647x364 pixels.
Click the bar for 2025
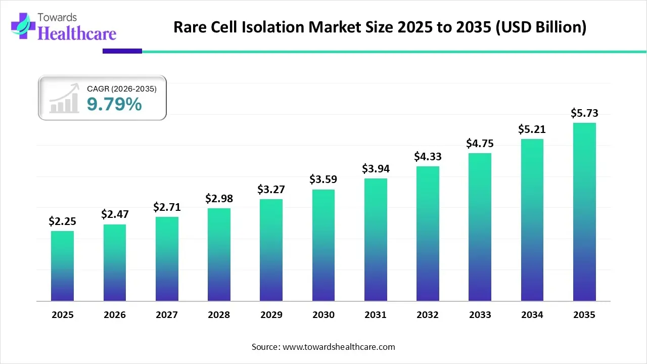point(62,266)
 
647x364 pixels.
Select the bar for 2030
point(323,245)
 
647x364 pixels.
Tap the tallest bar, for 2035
point(584,212)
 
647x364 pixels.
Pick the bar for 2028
point(219,254)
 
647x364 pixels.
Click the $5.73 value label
point(584,113)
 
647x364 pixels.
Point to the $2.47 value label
point(115,214)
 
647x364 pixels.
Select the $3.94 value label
point(376,168)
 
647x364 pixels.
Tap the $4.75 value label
point(480,143)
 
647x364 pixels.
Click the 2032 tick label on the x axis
point(428,314)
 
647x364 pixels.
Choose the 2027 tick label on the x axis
point(167,314)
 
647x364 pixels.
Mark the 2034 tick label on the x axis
point(532,314)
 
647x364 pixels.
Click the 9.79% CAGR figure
point(114,104)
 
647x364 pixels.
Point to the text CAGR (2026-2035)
point(122,88)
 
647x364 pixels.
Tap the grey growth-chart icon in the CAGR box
point(64,98)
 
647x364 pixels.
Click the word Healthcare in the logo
point(77,33)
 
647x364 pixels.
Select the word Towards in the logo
point(57,17)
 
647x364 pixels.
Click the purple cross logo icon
point(23,26)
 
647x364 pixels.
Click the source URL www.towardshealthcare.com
point(339,347)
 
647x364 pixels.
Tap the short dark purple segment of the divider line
point(122,51)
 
